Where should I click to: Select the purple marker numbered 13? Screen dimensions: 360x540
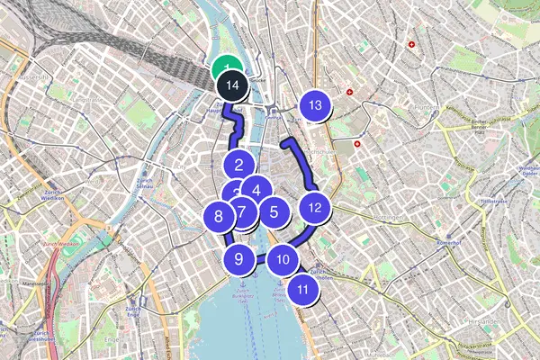(315, 105)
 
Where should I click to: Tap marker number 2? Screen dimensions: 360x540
(238, 165)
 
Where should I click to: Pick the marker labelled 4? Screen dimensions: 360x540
(256, 190)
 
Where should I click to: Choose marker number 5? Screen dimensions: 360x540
(273, 212)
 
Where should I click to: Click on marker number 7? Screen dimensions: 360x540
(242, 213)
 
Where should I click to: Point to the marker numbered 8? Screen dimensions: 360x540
(218, 216)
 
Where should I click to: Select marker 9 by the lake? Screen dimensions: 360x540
(238, 259)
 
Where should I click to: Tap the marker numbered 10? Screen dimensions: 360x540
(283, 260)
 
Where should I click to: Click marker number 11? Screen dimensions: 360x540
(303, 290)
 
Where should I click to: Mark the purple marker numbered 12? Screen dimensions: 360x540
(314, 209)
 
